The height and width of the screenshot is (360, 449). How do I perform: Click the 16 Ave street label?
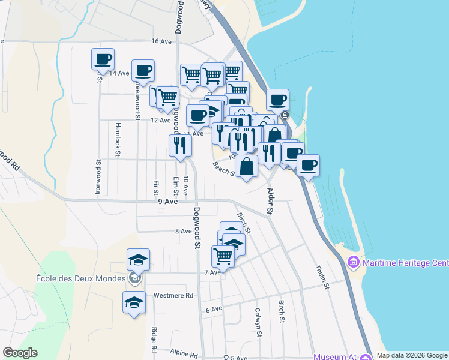pyautogui.click(x=162, y=41)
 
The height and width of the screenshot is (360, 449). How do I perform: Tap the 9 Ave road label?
pyautogui.click(x=168, y=202)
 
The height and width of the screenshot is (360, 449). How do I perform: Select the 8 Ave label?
pyautogui.click(x=183, y=231)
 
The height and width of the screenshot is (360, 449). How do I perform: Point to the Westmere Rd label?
pyautogui.click(x=173, y=295)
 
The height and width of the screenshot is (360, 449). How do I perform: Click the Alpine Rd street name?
pyautogui.click(x=183, y=353)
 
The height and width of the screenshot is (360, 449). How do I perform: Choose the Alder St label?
pyautogui.click(x=270, y=201)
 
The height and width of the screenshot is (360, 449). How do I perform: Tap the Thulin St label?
pyautogui.click(x=322, y=278)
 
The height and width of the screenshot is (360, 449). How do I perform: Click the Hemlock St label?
pyautogui.click(x=118, y=146)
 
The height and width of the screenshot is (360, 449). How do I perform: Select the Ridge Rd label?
pyautogui.click(x=154, y=340)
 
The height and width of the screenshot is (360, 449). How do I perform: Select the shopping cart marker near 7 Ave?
pyautogui.click(x=223, y=255)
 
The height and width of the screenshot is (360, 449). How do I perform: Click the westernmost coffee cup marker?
pyautogui.click(x=103, y=59)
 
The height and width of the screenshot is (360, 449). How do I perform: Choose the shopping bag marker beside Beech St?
pyautogui.click(x=246, y=165)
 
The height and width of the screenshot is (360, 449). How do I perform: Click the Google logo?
pyautogui.click(x=20, y=353)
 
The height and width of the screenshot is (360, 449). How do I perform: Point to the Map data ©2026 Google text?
pyautogui.click(x=411, y=355)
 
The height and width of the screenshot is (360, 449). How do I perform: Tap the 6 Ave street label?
pyautogui.click(x=214, y=310)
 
